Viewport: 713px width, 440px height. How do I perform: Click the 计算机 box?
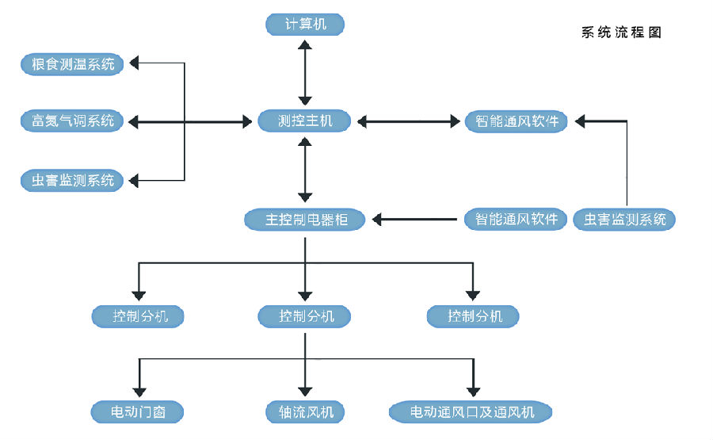pos(306,25)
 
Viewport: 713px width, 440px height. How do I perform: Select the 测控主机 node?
pos(306,121)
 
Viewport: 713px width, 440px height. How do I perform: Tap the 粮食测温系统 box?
pos(72,64)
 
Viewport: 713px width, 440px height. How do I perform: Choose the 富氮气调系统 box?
pos(72,121)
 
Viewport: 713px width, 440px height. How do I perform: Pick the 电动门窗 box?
pos(138,412)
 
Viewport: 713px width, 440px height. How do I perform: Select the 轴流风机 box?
pos(306,412)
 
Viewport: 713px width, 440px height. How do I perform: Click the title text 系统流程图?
pos(620,33)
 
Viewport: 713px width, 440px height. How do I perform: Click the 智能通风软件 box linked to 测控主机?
pos(517,121)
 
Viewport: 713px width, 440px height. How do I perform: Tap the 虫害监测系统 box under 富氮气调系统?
pos(72,181)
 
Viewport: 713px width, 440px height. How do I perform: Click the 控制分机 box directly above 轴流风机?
pos(306,316)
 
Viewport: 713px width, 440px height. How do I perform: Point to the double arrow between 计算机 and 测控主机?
pos(306,73)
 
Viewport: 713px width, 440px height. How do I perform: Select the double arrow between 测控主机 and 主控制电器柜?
pos(306,170)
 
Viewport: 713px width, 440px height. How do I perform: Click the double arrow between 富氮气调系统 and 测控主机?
pos(190,121)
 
